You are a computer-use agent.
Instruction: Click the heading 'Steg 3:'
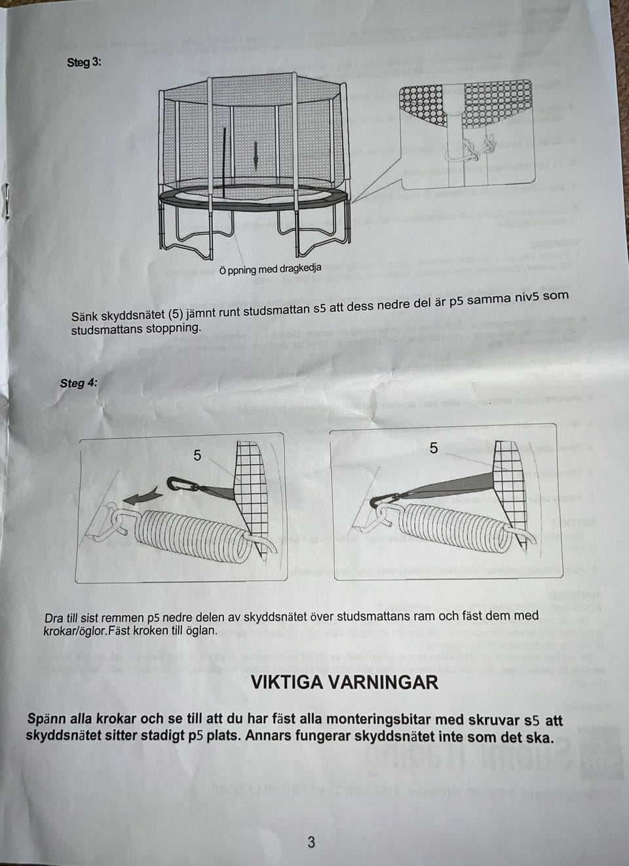click(x=84, y=63)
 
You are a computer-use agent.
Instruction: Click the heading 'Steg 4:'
click(x=78, y=383)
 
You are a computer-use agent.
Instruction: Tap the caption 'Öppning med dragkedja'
click(x=270, y=269)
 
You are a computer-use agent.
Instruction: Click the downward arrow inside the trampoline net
click(x=256, y=154)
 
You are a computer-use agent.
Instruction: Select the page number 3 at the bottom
click(x=311, y=842)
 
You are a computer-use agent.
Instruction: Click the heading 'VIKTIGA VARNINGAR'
click(x=345, y=683)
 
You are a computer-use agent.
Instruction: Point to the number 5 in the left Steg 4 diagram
click(x=197, y=455)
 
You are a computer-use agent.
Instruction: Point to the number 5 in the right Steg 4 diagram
click(x=434, y=448)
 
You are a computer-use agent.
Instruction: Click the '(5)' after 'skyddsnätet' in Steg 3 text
click(x=178, y=314)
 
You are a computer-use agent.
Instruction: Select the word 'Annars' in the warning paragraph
click(x=267, y=736)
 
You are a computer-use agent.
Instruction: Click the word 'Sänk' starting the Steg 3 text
click(x=85, y=317)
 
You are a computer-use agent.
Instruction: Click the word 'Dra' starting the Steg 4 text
click(x=54, y=618)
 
